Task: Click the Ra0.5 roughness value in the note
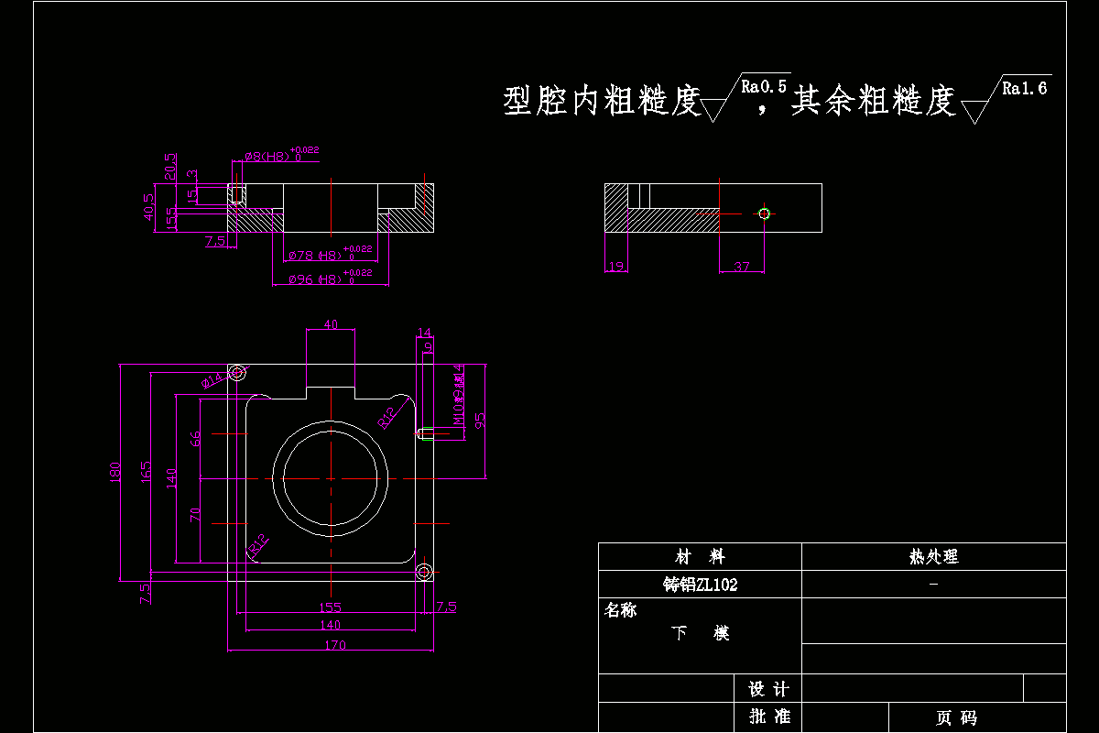(x=765, y=86)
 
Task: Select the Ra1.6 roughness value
(x=1025, y=88)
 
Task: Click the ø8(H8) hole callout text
(x=267, y=157)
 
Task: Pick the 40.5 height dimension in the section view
(x=148, y=208)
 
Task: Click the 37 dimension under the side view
(x=741, y=267)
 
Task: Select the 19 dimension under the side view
(x=615, y=267)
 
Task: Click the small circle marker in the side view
(x=765, y=213)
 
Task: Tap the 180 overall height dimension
(x=115, y=472)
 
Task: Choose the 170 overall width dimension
(x=335, y=645)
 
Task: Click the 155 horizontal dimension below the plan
(x=330, y=607)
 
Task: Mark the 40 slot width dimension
(x=331, y=324)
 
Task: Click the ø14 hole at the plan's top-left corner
(x=238, y=372)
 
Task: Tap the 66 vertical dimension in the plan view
(x=194, y=438)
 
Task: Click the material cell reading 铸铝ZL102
(x=700, y=585)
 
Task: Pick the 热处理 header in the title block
(x=933, y=556)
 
